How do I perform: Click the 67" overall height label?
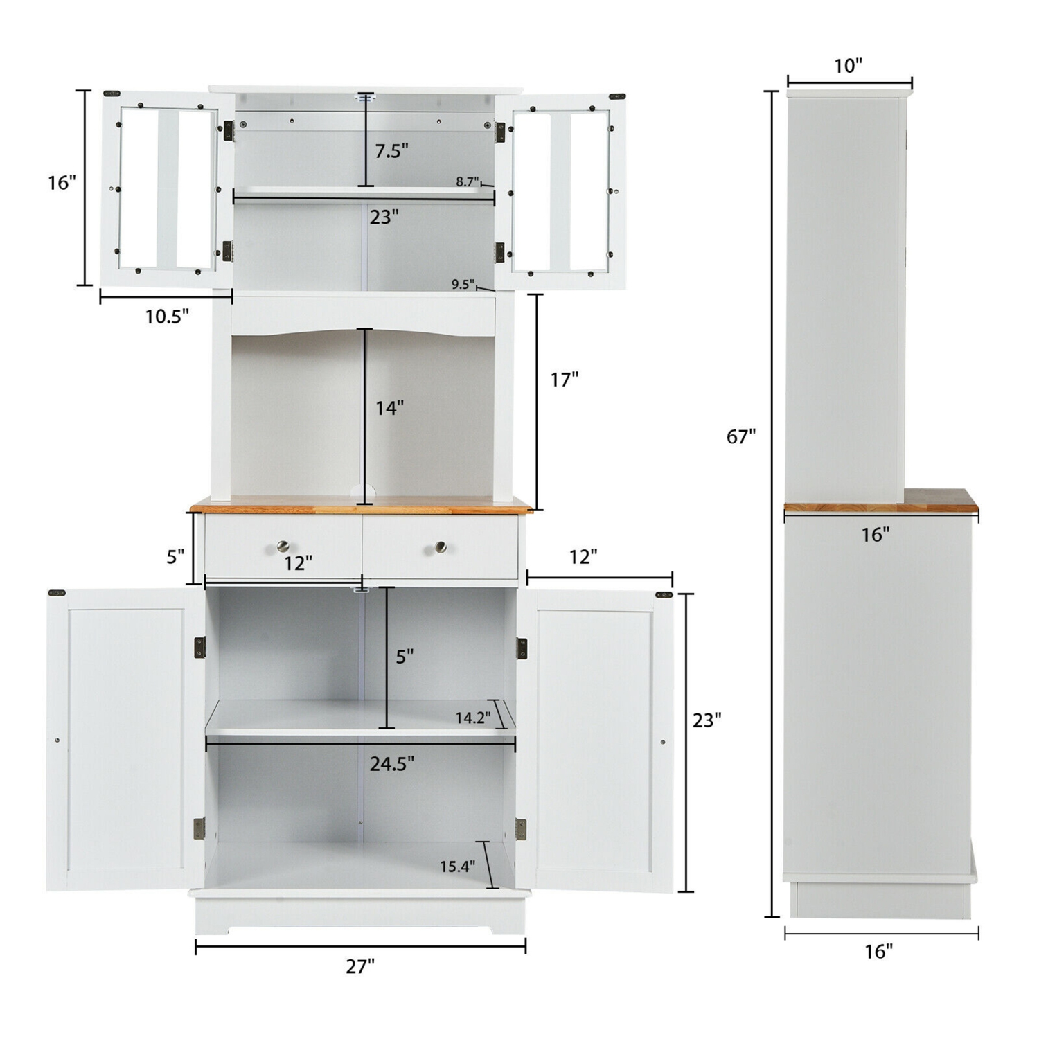(740, 436)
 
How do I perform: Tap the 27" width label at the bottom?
(360, 966)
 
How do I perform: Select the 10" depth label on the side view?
(848, 66)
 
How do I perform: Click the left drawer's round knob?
(283, 547)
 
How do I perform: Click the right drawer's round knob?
(440, 547)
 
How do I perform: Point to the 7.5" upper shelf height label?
(391, 150)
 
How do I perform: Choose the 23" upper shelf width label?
(384, 217)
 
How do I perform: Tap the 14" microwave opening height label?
(389, 408)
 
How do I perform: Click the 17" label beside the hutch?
(564, 380)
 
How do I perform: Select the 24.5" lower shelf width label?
(391, 764)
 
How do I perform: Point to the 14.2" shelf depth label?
(472, 718)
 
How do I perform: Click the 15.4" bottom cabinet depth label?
(457, 867)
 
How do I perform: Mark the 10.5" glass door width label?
(167, 317)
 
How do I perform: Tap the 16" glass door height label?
(62, 183)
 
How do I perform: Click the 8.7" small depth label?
(467, 181)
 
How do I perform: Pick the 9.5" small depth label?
(463, 284)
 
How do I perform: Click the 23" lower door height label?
(707, 720)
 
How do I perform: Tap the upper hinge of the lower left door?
(199, 648)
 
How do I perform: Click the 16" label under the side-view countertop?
(876, 535)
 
